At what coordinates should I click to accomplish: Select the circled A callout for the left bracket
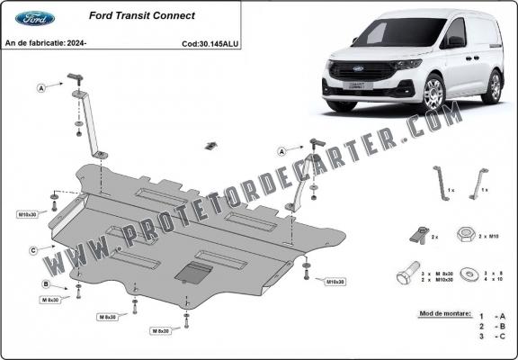[41, 87]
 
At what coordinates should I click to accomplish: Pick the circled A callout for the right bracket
[281, 150]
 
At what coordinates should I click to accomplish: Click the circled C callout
[33, 249]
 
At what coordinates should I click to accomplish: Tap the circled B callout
[46, 284]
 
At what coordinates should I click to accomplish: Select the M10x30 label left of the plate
[27, 215]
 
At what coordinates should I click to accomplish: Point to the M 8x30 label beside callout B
[49, 299]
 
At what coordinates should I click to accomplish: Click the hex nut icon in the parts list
[465, 235]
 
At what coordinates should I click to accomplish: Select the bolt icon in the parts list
[406, 274]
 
